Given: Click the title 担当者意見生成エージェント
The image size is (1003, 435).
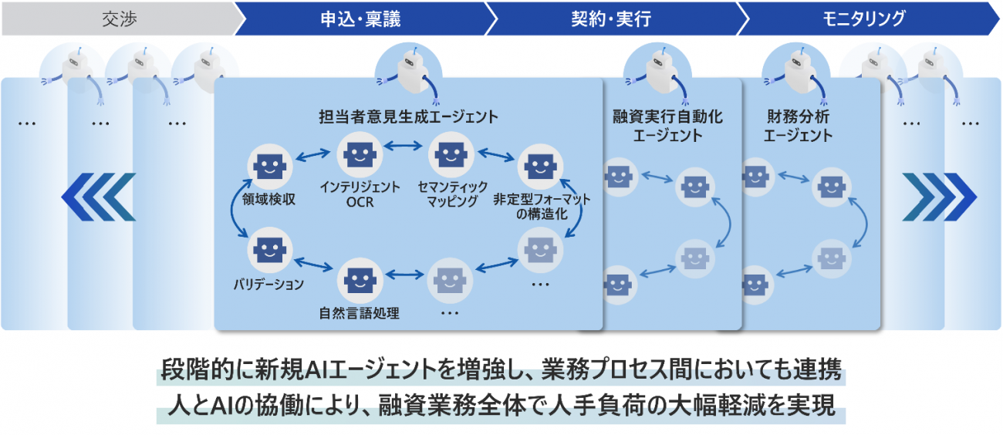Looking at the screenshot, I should (x=408, y=117).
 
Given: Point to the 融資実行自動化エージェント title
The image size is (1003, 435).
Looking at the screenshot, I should (x=667, y=126).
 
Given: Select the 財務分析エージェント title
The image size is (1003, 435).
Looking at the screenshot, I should (x=798, y=126).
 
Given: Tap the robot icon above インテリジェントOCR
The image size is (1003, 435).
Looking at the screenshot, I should (x=359, y=153).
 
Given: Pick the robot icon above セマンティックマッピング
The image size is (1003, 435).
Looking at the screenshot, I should (x=448, y=153).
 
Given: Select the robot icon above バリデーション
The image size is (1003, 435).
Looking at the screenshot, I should (x=267, y=249).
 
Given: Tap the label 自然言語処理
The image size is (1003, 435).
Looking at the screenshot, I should (x=359, y=313).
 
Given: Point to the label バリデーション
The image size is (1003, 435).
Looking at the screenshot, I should (x=268, y=284).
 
